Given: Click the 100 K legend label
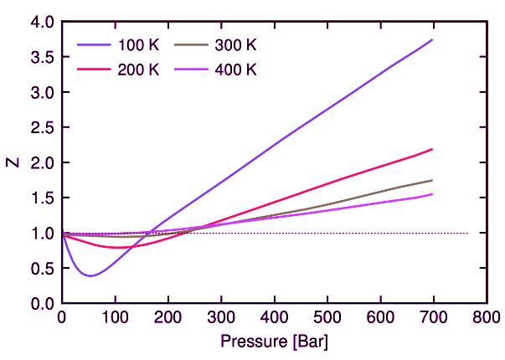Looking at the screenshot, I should [x=137, y=44].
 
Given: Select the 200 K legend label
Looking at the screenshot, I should [x=137, y=69].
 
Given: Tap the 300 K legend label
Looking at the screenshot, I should [x=237, y=44].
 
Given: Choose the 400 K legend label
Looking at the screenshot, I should [x=237, y=69].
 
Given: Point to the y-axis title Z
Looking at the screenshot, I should [x=13, y=162].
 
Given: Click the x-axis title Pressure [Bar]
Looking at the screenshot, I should [x=274, y=342].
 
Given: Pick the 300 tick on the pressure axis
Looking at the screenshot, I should [x=220, y=318].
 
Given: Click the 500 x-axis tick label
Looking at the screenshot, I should [x=327, y=318].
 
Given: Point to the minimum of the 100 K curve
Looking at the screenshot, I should [x=90, y=275].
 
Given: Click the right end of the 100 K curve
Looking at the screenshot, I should [x=432, y=39].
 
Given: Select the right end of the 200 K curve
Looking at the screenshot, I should [x=432, y=149].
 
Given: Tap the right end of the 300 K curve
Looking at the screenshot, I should [x=432, y=180].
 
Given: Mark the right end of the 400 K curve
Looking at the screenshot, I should [x=432, y=194].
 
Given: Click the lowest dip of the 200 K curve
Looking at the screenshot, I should [x=116, y=248].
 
